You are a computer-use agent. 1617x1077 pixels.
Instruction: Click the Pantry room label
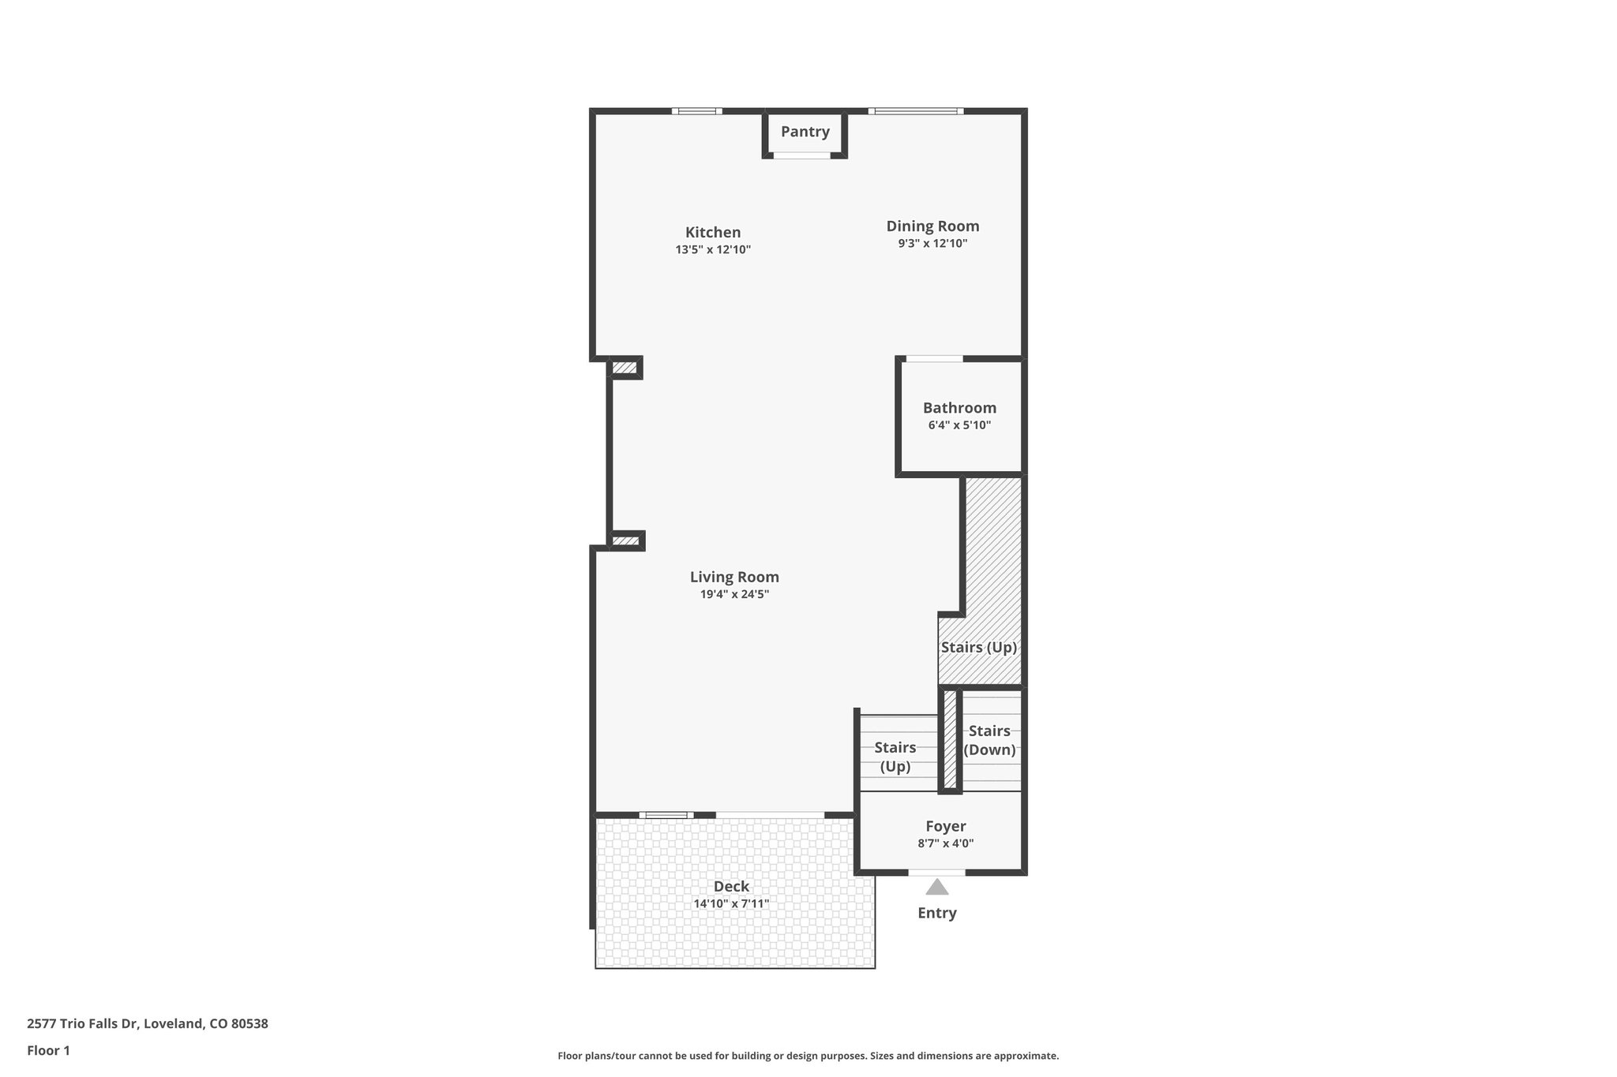[805, 132]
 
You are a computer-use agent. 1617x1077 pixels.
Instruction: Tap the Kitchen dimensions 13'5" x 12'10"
[713, 250]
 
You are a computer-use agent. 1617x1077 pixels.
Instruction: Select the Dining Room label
[932, 226]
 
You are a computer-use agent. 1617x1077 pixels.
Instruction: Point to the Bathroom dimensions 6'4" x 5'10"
[959, 425]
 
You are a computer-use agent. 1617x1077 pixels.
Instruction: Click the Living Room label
[734, 577]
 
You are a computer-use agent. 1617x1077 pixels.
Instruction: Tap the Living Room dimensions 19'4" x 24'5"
[734, 595]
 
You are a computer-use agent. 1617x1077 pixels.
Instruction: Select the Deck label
[731, 886]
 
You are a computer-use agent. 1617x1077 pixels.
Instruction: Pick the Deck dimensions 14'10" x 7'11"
[731, 904]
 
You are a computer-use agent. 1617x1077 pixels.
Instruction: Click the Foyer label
[945, 826]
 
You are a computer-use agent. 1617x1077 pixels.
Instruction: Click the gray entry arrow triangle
[936, 888]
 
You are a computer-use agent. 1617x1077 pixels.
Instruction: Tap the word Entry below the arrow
[936, 913]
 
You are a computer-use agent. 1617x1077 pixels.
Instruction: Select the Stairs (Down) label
[989, 740]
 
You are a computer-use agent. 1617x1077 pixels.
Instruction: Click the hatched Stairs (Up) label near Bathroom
[978, 648]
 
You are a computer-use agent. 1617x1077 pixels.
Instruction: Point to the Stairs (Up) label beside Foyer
[895, 757]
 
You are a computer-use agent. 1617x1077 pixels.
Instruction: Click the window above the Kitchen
[696, 111]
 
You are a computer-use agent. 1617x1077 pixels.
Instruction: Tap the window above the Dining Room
[916, 111]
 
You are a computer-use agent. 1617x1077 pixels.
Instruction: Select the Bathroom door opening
[933, 359]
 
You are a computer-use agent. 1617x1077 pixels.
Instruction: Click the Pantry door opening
[801, 156]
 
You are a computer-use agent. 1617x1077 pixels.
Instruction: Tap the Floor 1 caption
[48, 1051]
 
